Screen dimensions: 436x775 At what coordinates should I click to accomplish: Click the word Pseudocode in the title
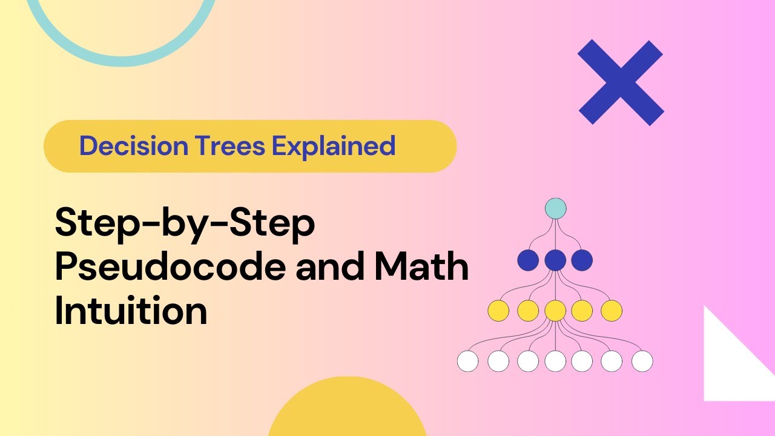[x=170, y=269]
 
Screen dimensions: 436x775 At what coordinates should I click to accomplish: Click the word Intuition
[x=131, y=312]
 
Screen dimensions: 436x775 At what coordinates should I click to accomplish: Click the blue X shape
[x=621, y=82]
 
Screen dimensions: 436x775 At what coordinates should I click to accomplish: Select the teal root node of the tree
[x=555, y=209]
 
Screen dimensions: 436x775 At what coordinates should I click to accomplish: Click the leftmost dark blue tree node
[x=528, y=260]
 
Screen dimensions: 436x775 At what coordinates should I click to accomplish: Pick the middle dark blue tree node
[x=555, y=260]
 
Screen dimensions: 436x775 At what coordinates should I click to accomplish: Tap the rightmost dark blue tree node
[x=582, y=260]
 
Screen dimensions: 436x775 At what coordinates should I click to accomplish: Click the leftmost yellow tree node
[x=498, y=311]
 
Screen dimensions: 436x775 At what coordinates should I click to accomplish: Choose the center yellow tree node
[x=555, y=311]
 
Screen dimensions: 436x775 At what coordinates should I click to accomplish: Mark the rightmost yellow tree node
[x=612, y=311]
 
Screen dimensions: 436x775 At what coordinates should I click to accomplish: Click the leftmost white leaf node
[x=468, y=362]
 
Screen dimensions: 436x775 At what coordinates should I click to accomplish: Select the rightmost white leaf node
[x=642, y=362]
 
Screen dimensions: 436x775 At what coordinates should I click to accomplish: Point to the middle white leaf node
[x=555, y=362]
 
